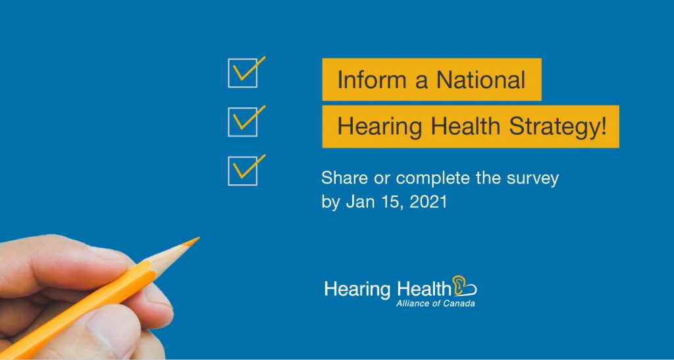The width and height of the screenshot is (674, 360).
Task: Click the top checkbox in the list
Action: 243,73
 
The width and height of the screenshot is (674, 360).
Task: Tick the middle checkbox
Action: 243,122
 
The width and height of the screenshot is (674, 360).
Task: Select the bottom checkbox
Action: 243,171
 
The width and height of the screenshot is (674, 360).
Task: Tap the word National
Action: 481,80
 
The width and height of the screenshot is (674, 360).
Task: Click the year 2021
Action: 428,202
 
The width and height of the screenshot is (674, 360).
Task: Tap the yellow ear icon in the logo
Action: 459,286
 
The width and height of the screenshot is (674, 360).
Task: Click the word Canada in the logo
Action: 461,303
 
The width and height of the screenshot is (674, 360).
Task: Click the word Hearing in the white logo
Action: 357,290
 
